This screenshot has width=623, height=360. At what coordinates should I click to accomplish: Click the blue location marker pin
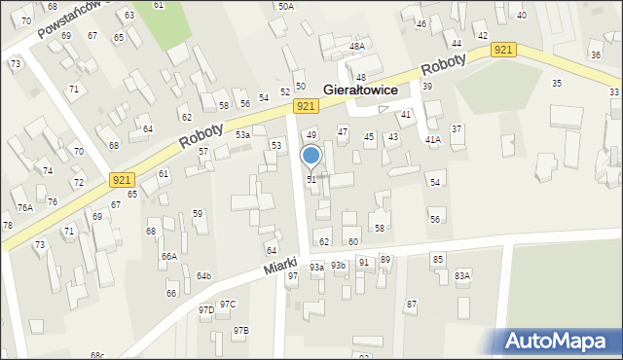(x=311, y=156)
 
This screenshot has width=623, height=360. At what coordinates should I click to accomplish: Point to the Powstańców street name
(x=70, y=19)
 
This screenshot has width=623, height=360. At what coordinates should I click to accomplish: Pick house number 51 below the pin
(x=311, y=180)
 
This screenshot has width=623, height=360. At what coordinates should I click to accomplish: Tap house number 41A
(x=432, y=139)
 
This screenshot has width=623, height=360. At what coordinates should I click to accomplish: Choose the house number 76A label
(x=24, y=207)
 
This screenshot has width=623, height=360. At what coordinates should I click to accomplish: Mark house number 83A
(x=462, y=275)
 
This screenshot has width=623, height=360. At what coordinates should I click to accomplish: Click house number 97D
(x=206, y=310)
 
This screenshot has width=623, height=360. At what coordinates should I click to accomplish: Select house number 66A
(x=169, y=256)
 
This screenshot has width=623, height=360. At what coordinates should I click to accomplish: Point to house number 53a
(x=242, y=135)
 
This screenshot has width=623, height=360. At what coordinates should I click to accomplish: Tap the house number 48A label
(x=357, y=46)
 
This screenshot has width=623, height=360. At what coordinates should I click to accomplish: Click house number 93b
(x=338, y=265)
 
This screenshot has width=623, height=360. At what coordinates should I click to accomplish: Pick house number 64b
(x=203, y=276)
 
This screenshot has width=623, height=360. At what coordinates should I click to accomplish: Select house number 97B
(x=240, y=331)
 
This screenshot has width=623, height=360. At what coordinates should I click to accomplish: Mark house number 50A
(x=285, y=6)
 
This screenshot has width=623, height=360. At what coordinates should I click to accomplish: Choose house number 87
(x=412, y=305)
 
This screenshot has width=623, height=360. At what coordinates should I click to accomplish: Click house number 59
(x=198, y=213)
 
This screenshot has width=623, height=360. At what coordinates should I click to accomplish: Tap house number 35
(x=557, y=84)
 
